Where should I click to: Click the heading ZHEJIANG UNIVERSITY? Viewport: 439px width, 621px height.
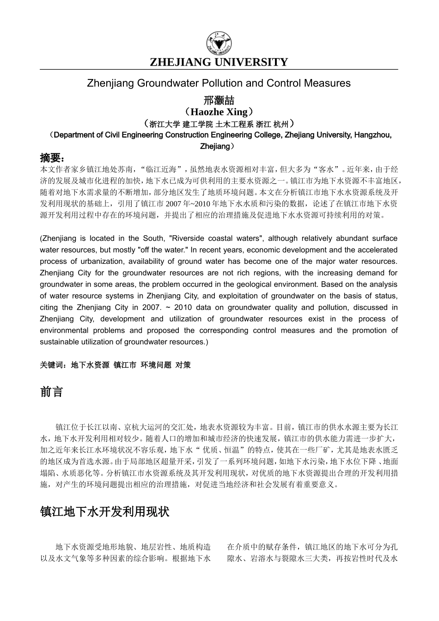click(x=219, y=62)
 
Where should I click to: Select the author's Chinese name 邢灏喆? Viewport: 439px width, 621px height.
click(x=219, y=100)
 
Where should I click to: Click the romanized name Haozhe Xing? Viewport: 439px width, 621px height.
click(x=219, y=112)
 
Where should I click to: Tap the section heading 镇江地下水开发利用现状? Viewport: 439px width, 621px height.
click(x=105, y=512)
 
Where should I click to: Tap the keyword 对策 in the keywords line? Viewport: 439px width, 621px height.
click(x=183, y=365)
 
